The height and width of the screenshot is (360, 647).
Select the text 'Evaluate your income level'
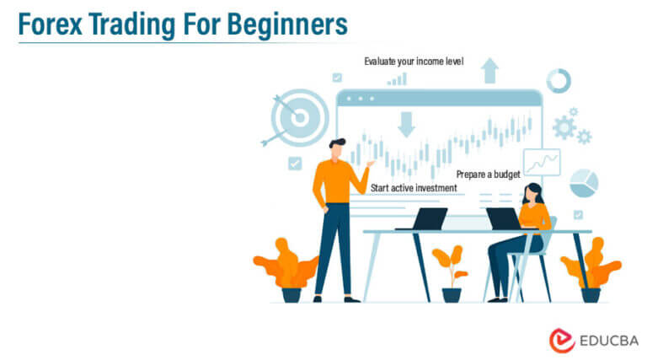coord(414,62)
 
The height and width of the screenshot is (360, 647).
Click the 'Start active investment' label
coord(413,187)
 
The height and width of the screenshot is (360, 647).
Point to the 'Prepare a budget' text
coord(488,175)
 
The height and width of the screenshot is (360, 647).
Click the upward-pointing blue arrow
coord(489,70)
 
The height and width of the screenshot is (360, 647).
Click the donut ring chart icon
coord(558,81)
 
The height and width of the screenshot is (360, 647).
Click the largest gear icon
coord(564,127)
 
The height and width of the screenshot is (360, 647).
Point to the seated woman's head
coord(531,193)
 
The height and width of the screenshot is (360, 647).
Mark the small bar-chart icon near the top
coord(397,79)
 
